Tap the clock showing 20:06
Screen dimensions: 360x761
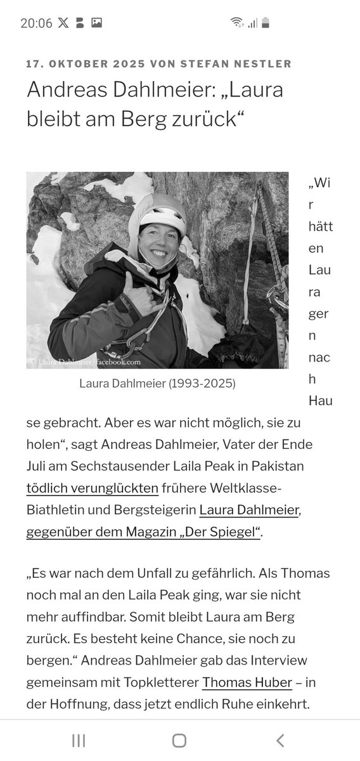36,23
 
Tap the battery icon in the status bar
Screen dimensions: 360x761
266,23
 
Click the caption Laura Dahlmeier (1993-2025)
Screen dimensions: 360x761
157,384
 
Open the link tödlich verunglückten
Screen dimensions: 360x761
92,488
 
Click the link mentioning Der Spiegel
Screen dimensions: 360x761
143,531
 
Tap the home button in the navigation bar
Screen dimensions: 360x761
179,740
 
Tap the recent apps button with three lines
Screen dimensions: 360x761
79,740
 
